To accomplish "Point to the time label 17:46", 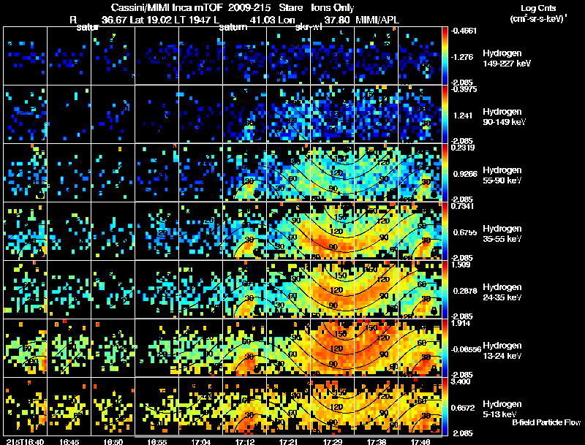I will [x=421, y=441].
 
